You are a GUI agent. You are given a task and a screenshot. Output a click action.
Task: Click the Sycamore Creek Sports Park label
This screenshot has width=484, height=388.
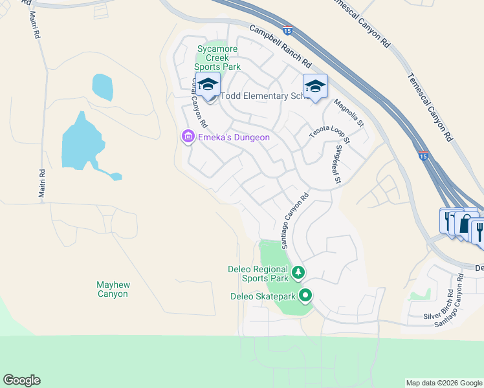pyautogui.click(x=219, y=58)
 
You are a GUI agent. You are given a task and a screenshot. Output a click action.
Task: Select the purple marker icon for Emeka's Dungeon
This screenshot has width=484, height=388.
pyautogui.click(x=188, y=136)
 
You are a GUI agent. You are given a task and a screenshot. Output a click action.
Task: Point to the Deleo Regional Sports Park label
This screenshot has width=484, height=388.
pyautogui.click(x=258, y=274)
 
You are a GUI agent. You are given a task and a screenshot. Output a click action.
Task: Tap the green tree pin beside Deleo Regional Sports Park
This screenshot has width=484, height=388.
pyautogui.click(x=298, y=272)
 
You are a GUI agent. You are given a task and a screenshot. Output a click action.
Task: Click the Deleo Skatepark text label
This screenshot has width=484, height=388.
pyautogui.click(x=263, y=297)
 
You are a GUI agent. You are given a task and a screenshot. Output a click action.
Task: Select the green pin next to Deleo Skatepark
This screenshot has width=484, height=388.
pyautogui.click(x=305, y=296)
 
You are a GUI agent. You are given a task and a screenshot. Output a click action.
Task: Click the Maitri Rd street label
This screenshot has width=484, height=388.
pyautogui.click(x=42, y=184)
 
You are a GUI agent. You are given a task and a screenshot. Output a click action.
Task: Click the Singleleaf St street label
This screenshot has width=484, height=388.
pyautogui.click(x=336, y=164)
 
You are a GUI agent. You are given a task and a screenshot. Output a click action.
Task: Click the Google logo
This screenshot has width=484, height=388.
pyautogui.click(x=21, y=380)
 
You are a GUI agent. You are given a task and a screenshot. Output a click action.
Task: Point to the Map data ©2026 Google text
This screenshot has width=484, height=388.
pyautogui.click(x=444, y=383)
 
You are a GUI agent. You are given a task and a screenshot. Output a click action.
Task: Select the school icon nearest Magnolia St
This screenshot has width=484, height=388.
pyautogui.click(x=315, y=86)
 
